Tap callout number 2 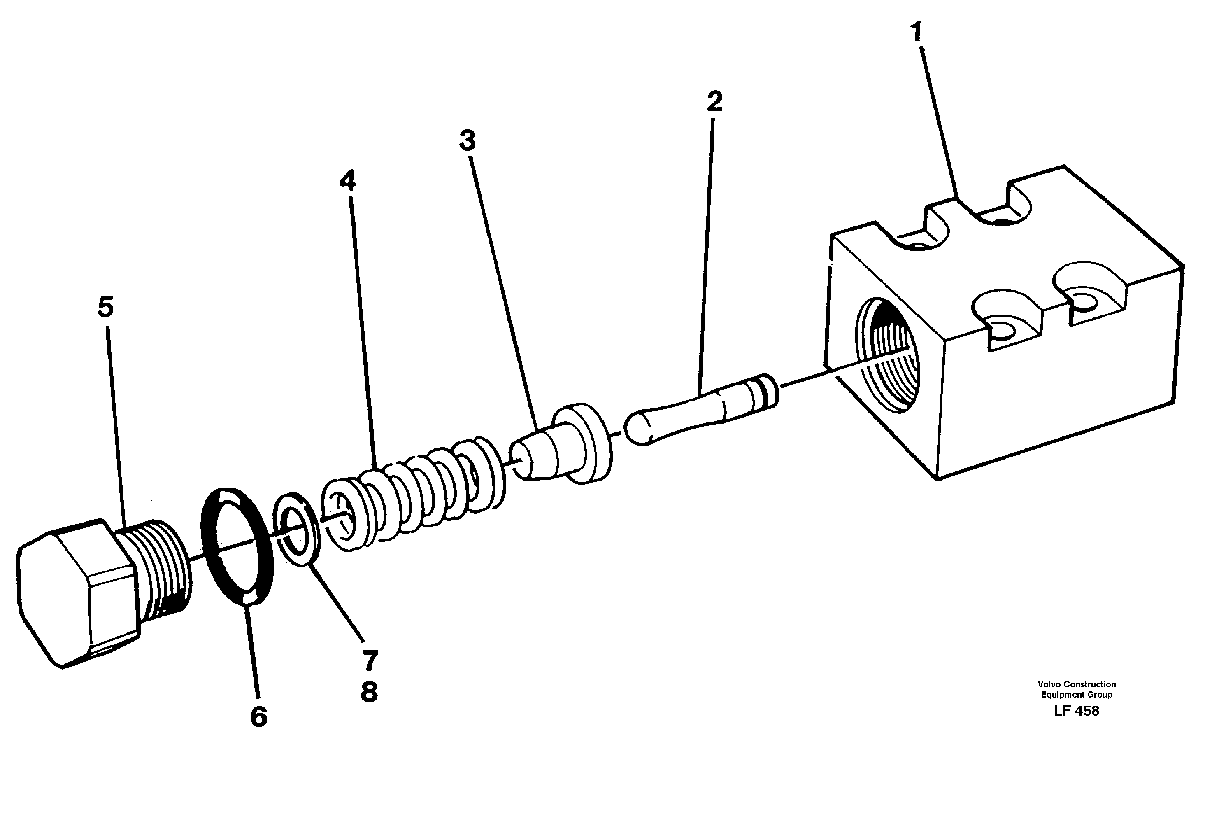click(714, 101)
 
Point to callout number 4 click(347, 181)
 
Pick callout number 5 click(105, 307)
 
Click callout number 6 click(258, 716)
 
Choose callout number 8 click(370, 692)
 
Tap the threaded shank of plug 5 click(160, 567)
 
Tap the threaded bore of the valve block click(887, 362)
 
